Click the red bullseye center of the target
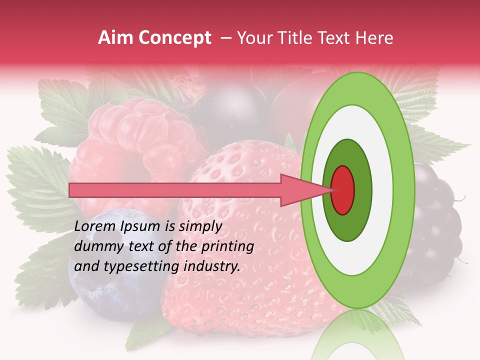pos(342,189)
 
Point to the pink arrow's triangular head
pos(305,190)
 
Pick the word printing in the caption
pos(227,246)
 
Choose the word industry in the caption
pos(212,266)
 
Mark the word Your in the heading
pos(252,38)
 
